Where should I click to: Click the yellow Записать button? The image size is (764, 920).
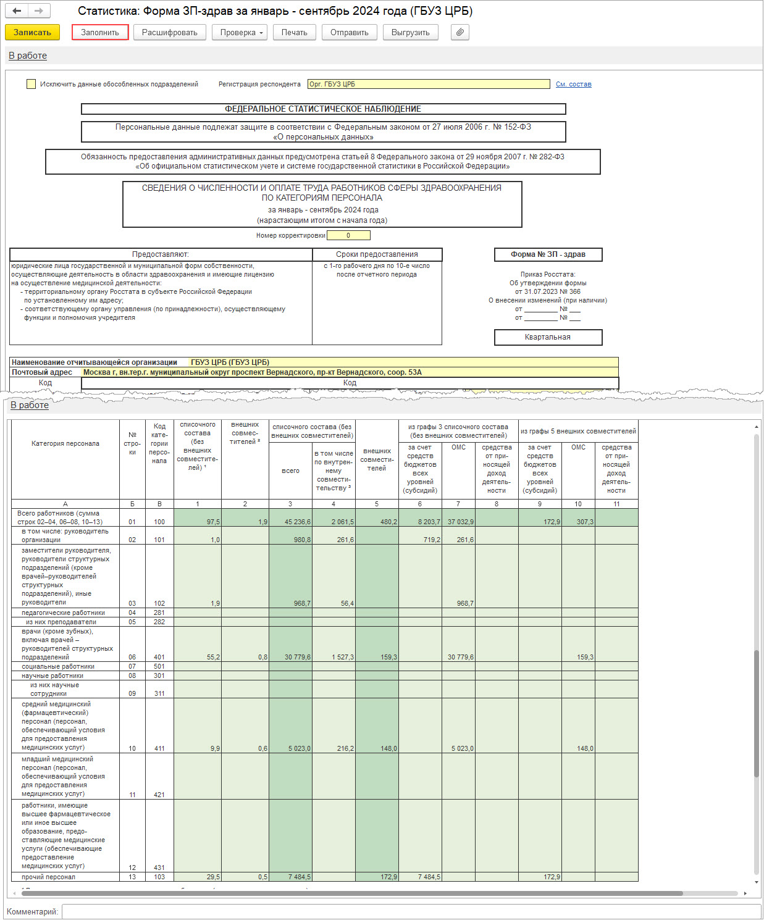tap(32, 32)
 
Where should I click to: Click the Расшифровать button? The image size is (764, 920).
tap(169, 32)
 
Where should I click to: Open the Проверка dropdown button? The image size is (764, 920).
tap(239, 32)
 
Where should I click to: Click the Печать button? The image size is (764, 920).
tap(294, 32)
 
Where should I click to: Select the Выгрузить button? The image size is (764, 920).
tap(410, 32)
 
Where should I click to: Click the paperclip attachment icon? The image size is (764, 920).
tap(460, 32)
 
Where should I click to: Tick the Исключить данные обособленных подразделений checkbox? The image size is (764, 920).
tap(31, 84)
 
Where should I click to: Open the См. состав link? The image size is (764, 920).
tap(573, 84)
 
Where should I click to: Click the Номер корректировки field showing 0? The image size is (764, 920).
tap(348, 235)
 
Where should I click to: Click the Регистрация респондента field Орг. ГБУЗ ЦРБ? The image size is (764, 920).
tap(428, 84)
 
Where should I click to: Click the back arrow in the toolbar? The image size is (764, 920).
tap(17, 10)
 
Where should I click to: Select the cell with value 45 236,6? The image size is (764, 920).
tap(291, 522)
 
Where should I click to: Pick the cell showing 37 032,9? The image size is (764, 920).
tap(458, 522)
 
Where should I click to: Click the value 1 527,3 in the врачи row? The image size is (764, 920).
tap(334, 657)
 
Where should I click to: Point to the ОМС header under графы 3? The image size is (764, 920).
tap(458, 447)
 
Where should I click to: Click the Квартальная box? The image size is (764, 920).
tap(548, 337)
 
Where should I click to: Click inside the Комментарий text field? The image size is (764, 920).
tap(411, 911)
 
